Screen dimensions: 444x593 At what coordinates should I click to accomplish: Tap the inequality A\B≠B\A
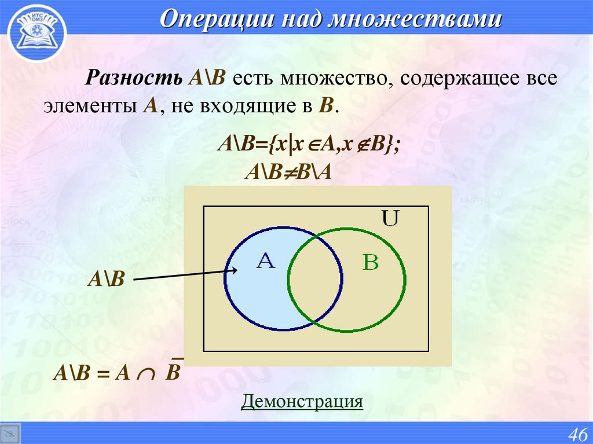click(289, 173)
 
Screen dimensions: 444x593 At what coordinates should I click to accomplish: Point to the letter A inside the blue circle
click(265, 262)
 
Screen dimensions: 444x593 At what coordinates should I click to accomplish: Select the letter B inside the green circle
click(370, 263)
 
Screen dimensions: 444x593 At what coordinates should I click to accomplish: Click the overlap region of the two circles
click(313, 278)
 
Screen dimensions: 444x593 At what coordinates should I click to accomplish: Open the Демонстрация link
click(302, 401)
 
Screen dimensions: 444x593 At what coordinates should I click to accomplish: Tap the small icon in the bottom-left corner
click(10, 434)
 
